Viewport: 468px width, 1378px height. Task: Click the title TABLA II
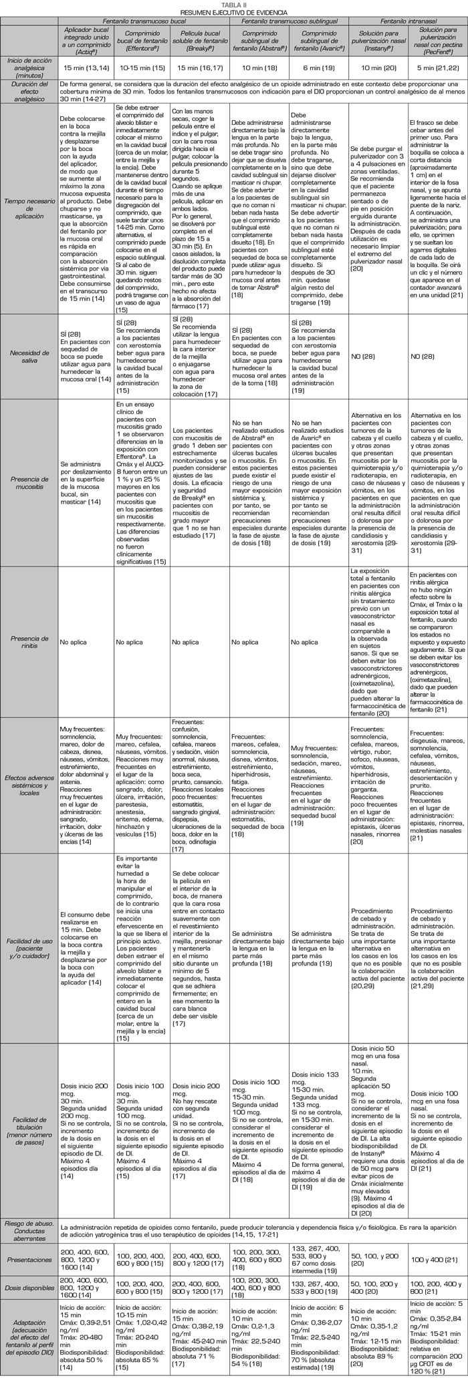click(x=234, y=5)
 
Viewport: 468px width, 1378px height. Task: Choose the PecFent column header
click(x=438, y=40)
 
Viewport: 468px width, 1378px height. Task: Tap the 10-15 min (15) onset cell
click(x=141, y=68)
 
